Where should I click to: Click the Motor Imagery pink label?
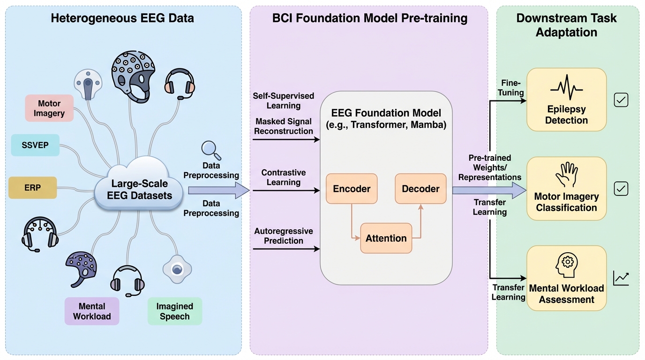coord(49,108)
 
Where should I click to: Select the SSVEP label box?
coord(35,145)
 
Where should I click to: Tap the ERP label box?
coord(33,187)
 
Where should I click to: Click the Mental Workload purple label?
coord(92,311)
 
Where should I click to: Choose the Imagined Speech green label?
coord(175,311)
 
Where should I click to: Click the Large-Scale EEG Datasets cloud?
coord(139,189)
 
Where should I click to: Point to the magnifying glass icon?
coord(210,150)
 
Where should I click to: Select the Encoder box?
coord(352,189)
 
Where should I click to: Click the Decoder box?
coord(420,189)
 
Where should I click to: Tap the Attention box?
coord(386,238)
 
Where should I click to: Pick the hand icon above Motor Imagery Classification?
coord(566,175)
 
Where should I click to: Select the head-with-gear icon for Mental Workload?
coord(566,264)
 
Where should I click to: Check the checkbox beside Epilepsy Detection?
coord(621,100)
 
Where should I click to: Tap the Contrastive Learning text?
coord(284,177)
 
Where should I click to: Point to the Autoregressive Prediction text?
coord(284,236)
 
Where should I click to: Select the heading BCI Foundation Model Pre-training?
coord(370,19)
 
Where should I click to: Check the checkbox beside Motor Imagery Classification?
coord(621,189)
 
